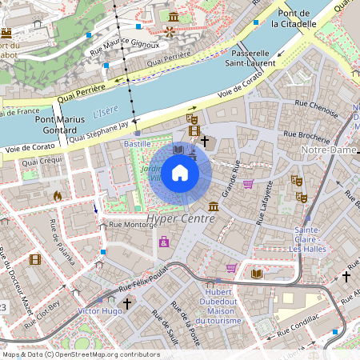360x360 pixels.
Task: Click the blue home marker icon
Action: [180, 173]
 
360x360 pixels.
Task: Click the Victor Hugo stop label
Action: [99, 310]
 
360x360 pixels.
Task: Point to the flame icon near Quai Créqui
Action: [57, 195]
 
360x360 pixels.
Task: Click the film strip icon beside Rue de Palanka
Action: [35, 259]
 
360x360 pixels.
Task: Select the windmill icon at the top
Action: [169, 31]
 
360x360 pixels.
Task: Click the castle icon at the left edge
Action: [6, 34]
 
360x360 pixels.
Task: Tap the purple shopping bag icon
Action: [164, 242]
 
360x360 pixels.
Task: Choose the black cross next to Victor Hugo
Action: [126, 303]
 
